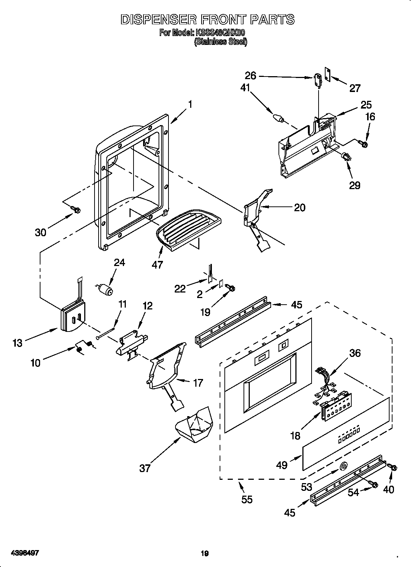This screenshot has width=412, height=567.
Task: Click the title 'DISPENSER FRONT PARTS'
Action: [x=207, y=19]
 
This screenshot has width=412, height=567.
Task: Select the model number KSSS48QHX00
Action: [x=220, y=33]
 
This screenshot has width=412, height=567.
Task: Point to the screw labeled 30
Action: [x=77, y=210]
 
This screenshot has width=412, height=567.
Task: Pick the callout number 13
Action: [x=17, y=343]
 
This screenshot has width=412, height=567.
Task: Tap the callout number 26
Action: [x=251, y=76]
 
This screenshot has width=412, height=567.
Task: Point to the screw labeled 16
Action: [x=365, y=145]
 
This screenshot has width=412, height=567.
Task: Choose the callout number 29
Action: [x=355, y=185]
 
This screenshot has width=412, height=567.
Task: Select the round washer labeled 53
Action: [x=343, y=467]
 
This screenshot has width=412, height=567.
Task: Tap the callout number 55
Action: [x=247, y=499]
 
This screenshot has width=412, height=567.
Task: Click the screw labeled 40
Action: [x=392, y=467]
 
